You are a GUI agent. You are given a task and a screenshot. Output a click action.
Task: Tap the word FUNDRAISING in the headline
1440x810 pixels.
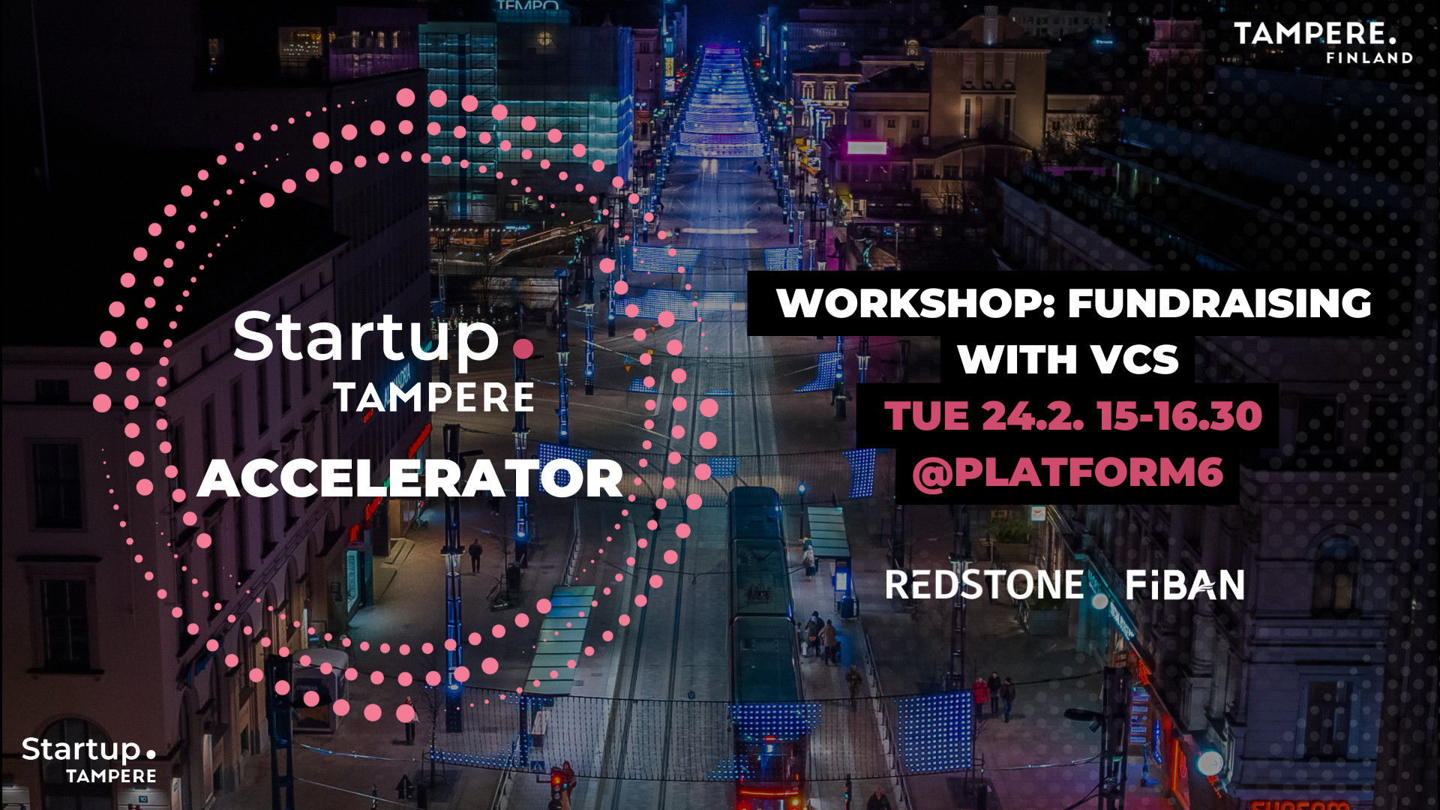coord(1219,303)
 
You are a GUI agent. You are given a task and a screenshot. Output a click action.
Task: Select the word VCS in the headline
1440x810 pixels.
coord(1135,359)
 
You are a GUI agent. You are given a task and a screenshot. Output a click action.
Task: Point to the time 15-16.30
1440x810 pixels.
coord(1179,416)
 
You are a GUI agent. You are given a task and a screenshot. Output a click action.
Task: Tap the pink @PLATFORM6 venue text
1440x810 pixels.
coord(1067,472)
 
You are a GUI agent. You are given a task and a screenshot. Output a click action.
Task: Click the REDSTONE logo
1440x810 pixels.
coord(984,585)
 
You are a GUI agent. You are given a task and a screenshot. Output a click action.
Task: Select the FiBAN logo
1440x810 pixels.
coord(1185,585)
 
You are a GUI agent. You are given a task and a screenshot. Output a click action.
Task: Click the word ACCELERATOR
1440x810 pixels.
coord(409,478)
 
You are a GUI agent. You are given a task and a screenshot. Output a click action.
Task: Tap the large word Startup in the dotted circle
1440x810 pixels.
coord(366,338)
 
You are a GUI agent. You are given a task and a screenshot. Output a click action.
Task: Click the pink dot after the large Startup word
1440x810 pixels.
coord(523,349)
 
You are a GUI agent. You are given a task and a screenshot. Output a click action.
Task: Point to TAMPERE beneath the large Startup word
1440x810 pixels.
coord(434,397)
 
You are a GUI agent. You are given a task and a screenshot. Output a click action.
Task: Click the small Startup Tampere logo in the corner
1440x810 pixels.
coord(88,760)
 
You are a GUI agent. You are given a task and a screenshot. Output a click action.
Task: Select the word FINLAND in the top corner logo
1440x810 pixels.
coord(1369,58)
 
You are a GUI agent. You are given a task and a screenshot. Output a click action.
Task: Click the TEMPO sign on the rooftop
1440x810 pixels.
coord(528,5)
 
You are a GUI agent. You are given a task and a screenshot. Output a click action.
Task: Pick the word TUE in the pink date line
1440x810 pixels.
coord(926,416)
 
